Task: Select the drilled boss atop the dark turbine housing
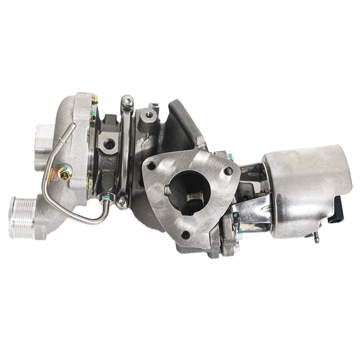click(150, 114)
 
